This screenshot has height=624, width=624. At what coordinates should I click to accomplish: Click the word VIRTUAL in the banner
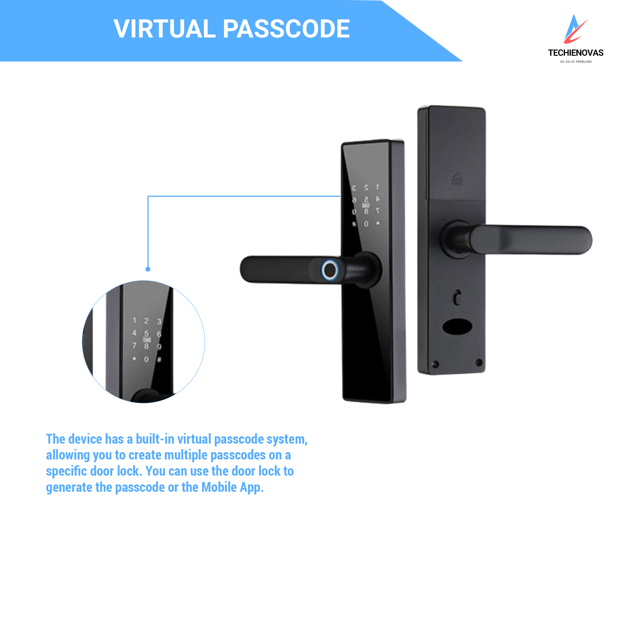click(165, 29)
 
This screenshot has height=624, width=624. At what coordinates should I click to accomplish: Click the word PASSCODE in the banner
click(286, 29)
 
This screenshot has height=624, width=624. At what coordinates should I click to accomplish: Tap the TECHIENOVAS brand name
click(576, 53)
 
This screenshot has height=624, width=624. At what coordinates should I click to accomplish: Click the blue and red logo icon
click(576, 29)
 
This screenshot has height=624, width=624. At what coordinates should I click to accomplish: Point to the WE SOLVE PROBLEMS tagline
click(576, 62)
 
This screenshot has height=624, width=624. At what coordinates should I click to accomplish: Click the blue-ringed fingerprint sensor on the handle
click(329, 270)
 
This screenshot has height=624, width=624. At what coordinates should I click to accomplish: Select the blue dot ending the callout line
click(148, 269)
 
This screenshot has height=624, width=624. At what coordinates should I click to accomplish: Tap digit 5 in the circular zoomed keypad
click(146, 333)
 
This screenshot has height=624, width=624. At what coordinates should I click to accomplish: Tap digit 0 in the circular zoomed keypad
click(146, 360)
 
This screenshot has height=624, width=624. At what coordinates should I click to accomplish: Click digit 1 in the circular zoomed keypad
click(134, 320)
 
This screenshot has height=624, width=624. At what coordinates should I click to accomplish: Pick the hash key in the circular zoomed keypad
click(159, 360)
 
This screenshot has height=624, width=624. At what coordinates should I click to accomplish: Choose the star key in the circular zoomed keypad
click(134, 359)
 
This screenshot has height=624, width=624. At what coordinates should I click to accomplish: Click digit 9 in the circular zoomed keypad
click(159, 347)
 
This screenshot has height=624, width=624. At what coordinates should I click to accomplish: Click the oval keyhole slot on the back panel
click(457, 327)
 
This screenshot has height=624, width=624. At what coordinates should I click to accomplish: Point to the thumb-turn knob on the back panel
click(457, 297)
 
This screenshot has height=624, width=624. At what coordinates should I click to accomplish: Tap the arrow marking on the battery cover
click(457, 179)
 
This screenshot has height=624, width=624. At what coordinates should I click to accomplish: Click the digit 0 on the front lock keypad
click(366, 224)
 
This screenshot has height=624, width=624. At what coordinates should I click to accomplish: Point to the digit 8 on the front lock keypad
click(366, 211)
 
